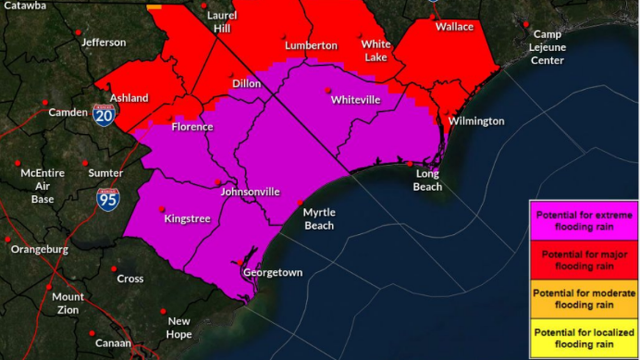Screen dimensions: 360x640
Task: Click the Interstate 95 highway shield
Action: click(x=107, y=199)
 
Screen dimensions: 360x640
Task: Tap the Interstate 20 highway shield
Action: click(x=104, y=115)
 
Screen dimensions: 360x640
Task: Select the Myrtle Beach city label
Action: click(x=319, y=219)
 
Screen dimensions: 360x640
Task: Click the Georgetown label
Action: click(x=272, y=273)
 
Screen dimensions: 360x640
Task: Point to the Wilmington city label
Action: click(x=476, y=121)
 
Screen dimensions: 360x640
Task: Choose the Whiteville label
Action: click(x=355, y=101)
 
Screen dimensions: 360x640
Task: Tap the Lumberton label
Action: click(x=311, y=46)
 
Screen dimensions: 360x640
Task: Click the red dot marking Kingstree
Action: click(x=162, y=208)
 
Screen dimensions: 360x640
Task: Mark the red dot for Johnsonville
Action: click(x=218, y=182)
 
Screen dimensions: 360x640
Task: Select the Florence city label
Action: click(x=192, y=127)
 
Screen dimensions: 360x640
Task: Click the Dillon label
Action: click(x=246, y=84)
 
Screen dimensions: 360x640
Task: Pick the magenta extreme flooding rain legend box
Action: click(x=584, y=221)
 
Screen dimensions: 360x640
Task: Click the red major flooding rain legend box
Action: click(x=584, y=260)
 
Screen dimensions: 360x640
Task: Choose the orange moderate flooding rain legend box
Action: click(x=584, y=299)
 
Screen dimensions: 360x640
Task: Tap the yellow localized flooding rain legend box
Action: click(x=584, y=338)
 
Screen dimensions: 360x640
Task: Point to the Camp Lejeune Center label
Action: click(x=547, y=47)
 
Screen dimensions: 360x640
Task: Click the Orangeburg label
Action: click(x=39, y=249)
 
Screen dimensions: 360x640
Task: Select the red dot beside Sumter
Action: click(x=85, y=163)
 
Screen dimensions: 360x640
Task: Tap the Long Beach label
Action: click(x=427, y=181)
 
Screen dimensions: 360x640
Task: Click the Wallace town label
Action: click(x=454, y=26)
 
